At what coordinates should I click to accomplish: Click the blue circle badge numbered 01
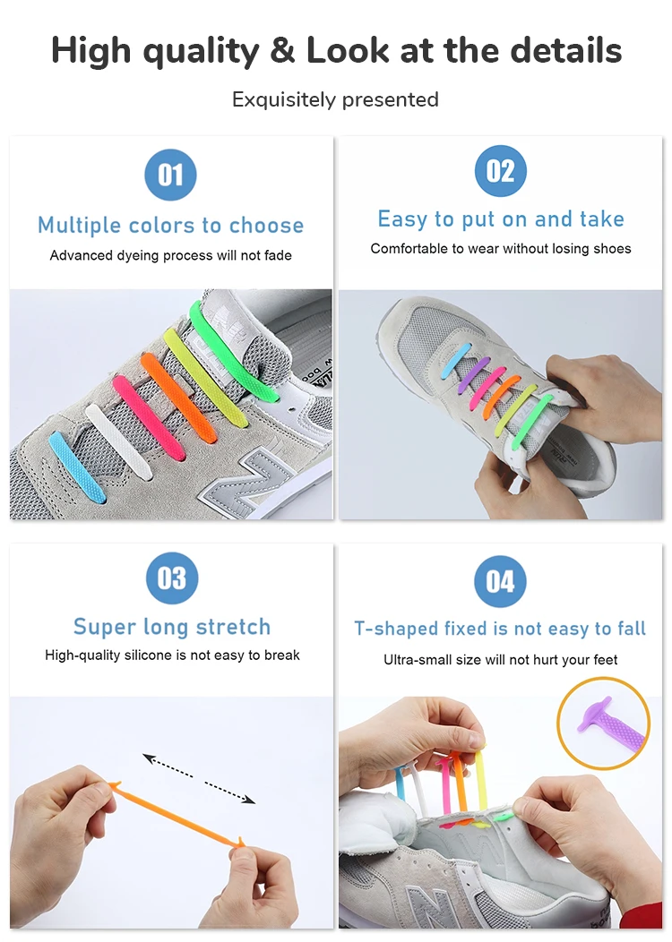[x=170, y=175]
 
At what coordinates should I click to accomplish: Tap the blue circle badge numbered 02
[x=500, y=171]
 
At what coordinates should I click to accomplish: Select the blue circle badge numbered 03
[x=171, y=578]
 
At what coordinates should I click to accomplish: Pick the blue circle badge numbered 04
[x=500, y=581]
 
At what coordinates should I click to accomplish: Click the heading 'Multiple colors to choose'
[x=170, y=225]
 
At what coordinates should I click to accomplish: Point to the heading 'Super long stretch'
[x=171, y=627]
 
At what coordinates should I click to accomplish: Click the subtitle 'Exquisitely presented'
[x=335, y=99]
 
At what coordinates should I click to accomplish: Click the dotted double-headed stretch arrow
[x=199, y=778]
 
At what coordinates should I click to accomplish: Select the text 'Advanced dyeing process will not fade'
[x=170, y=255]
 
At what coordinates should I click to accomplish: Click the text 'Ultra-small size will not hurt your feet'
[x=500, y=660]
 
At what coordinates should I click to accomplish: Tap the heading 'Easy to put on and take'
[x=500, y=219]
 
